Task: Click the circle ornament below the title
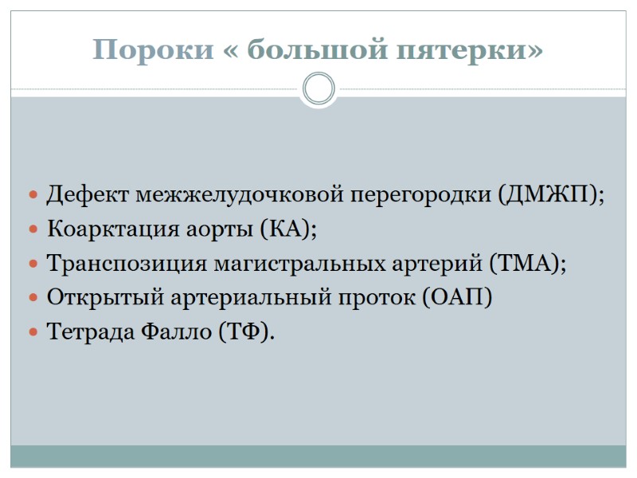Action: point(318,88)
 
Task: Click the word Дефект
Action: point(88,194)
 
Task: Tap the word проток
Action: point(379,297)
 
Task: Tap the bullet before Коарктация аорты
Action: point(33,230)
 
